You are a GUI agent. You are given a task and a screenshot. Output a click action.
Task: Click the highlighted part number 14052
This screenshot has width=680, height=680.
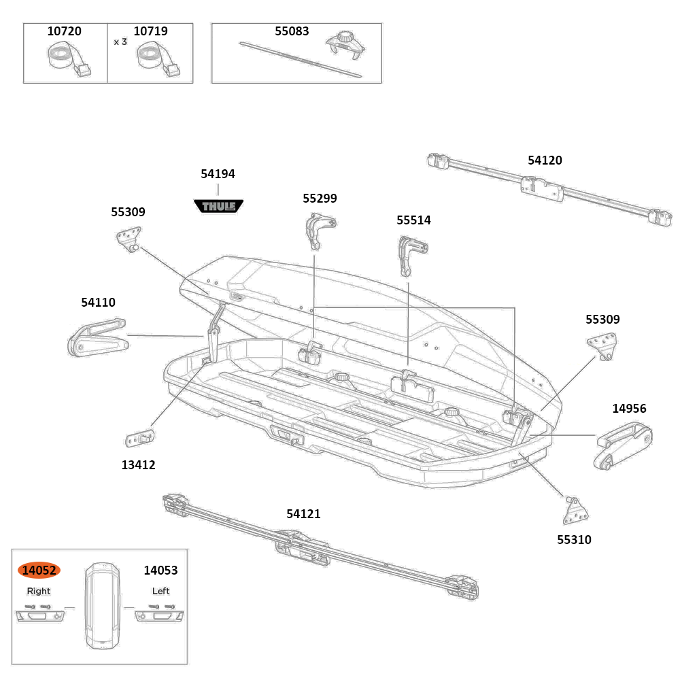pyautogui.click(x=39, y=570)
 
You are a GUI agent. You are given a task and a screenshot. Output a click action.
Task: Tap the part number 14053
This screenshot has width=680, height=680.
pyautogui.click(x=160, y=571)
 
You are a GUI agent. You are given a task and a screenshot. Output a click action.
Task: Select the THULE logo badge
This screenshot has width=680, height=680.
pyautogui.click(x=218, y=205)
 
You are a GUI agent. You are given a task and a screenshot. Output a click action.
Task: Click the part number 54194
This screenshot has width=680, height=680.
pyautogui.click(x=218, y=174)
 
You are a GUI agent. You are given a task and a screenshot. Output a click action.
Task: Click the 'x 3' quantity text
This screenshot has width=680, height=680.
pyautogui.click(x=120, y=41)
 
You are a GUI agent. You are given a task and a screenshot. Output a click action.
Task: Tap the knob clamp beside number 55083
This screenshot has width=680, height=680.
pyautogui.click(x=345, y=46)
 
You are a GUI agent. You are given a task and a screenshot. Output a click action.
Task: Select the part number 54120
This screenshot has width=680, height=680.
pyautogui.click(x=545, y=160)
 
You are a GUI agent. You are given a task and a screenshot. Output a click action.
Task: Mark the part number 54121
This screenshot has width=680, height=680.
pyautogui.click(x=303, y=514)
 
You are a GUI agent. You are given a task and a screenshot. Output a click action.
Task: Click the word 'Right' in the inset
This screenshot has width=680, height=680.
pyautogui.click(x=39, y=591)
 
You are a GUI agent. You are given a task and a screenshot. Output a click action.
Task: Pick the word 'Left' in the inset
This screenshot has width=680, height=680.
pyautogui.click(x=160, y=591)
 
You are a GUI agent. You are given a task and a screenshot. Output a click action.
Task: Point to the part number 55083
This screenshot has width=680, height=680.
pyautogui.click(x=292, y=31)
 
